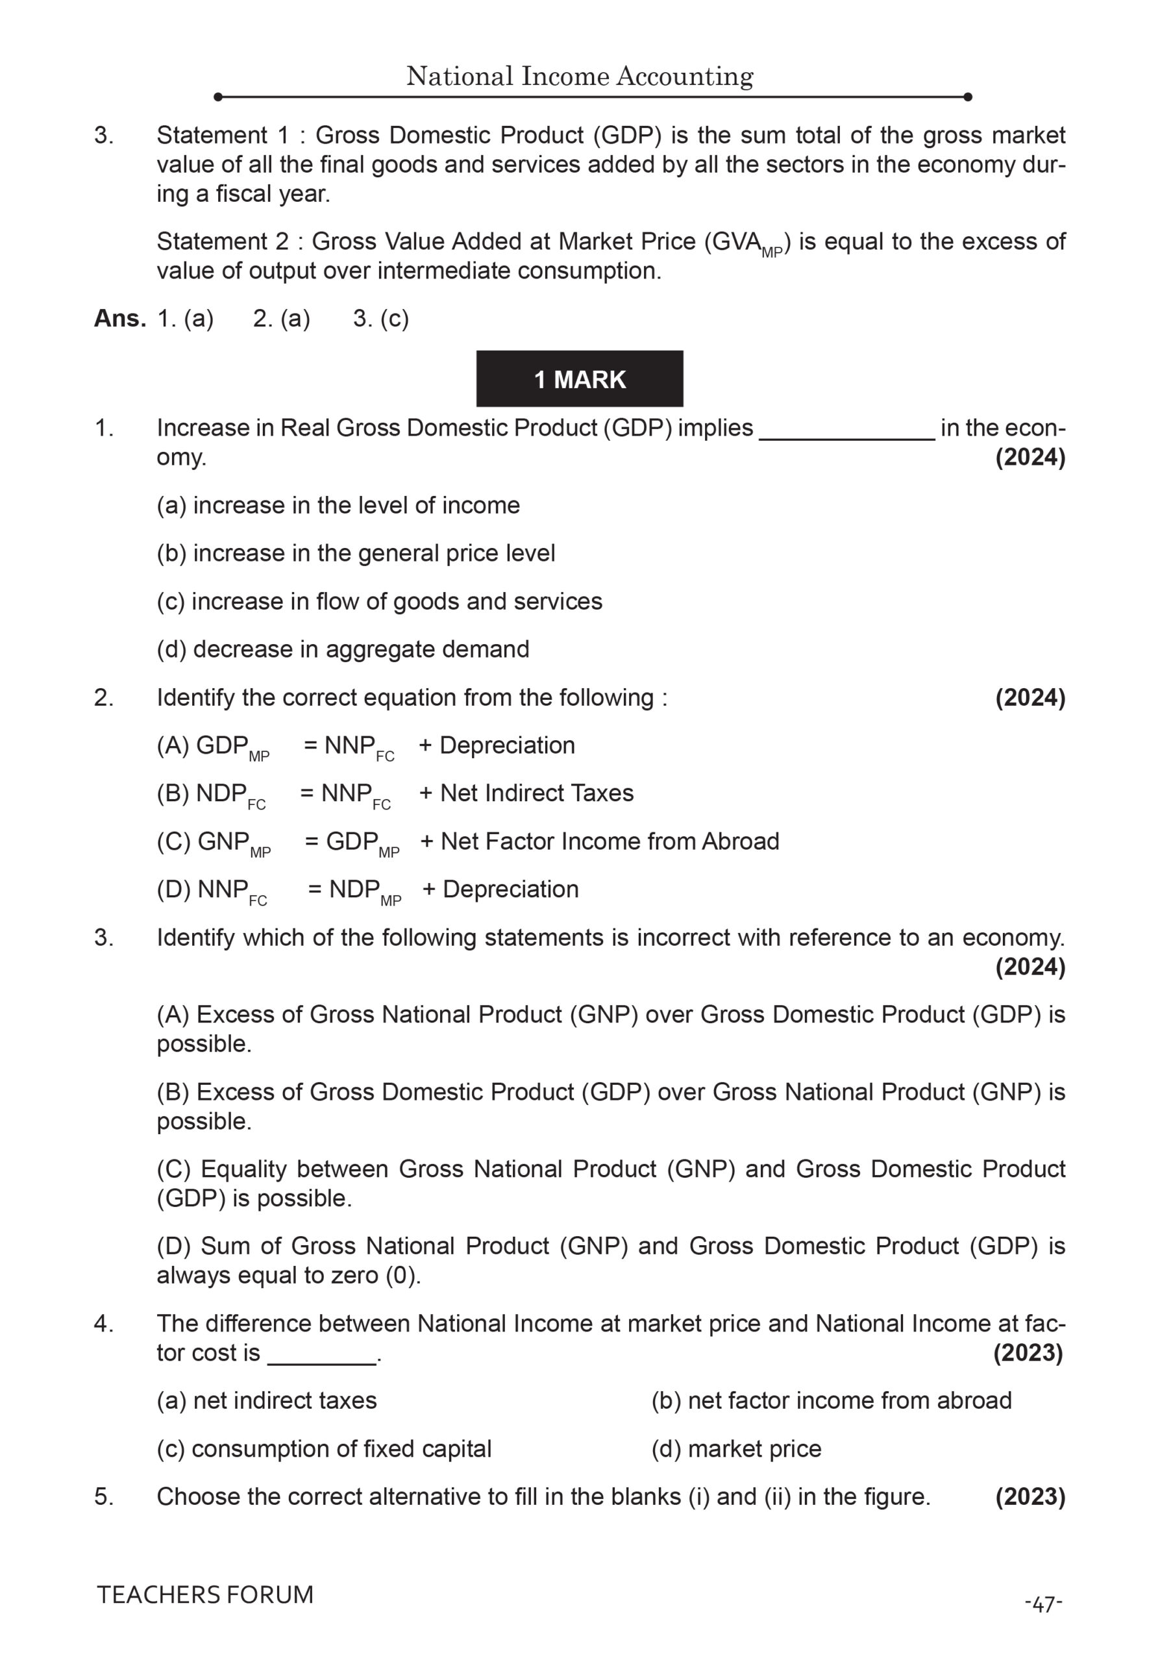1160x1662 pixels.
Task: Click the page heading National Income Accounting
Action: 579,76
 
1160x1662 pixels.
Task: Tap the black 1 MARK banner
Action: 579,378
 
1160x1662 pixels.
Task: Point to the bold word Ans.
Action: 119,319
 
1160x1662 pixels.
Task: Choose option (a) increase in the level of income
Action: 338,505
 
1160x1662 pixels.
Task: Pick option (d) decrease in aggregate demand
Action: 342,649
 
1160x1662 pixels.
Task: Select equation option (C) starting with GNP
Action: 467,842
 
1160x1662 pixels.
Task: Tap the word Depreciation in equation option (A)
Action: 506,745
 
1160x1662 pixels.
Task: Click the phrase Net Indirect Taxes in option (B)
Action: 536,793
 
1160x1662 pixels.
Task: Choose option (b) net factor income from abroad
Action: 831,1400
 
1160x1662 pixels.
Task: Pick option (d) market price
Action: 736,1449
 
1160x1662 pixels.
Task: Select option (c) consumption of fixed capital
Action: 323,1449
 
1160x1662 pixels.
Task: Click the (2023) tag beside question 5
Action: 1030,1497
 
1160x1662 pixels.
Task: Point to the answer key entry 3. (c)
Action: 380,319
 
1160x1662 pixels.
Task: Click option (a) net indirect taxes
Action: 266,1400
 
